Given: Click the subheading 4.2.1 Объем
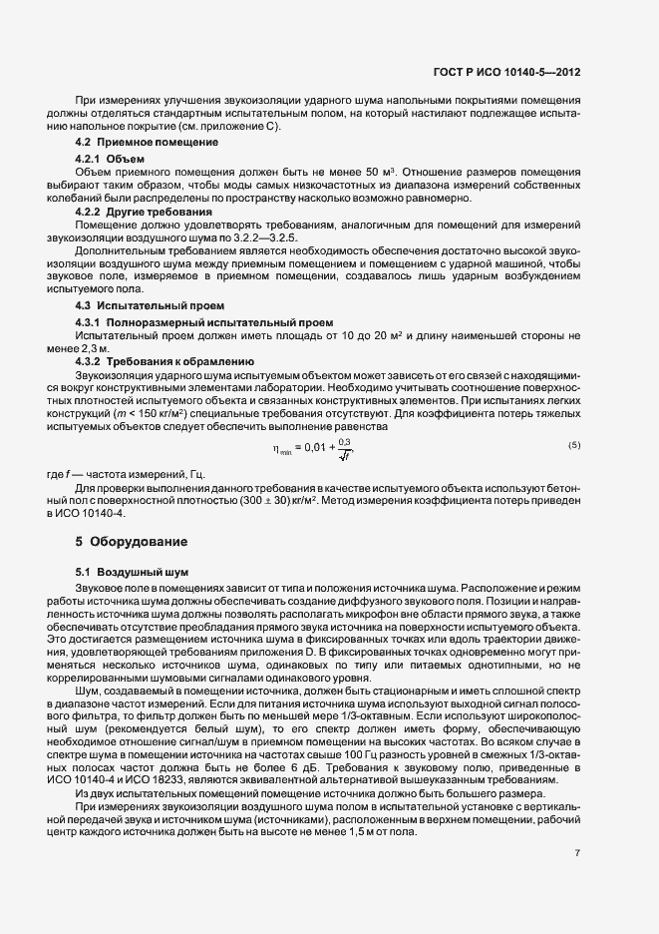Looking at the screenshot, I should pyautogui.click(x=111, y=160).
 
